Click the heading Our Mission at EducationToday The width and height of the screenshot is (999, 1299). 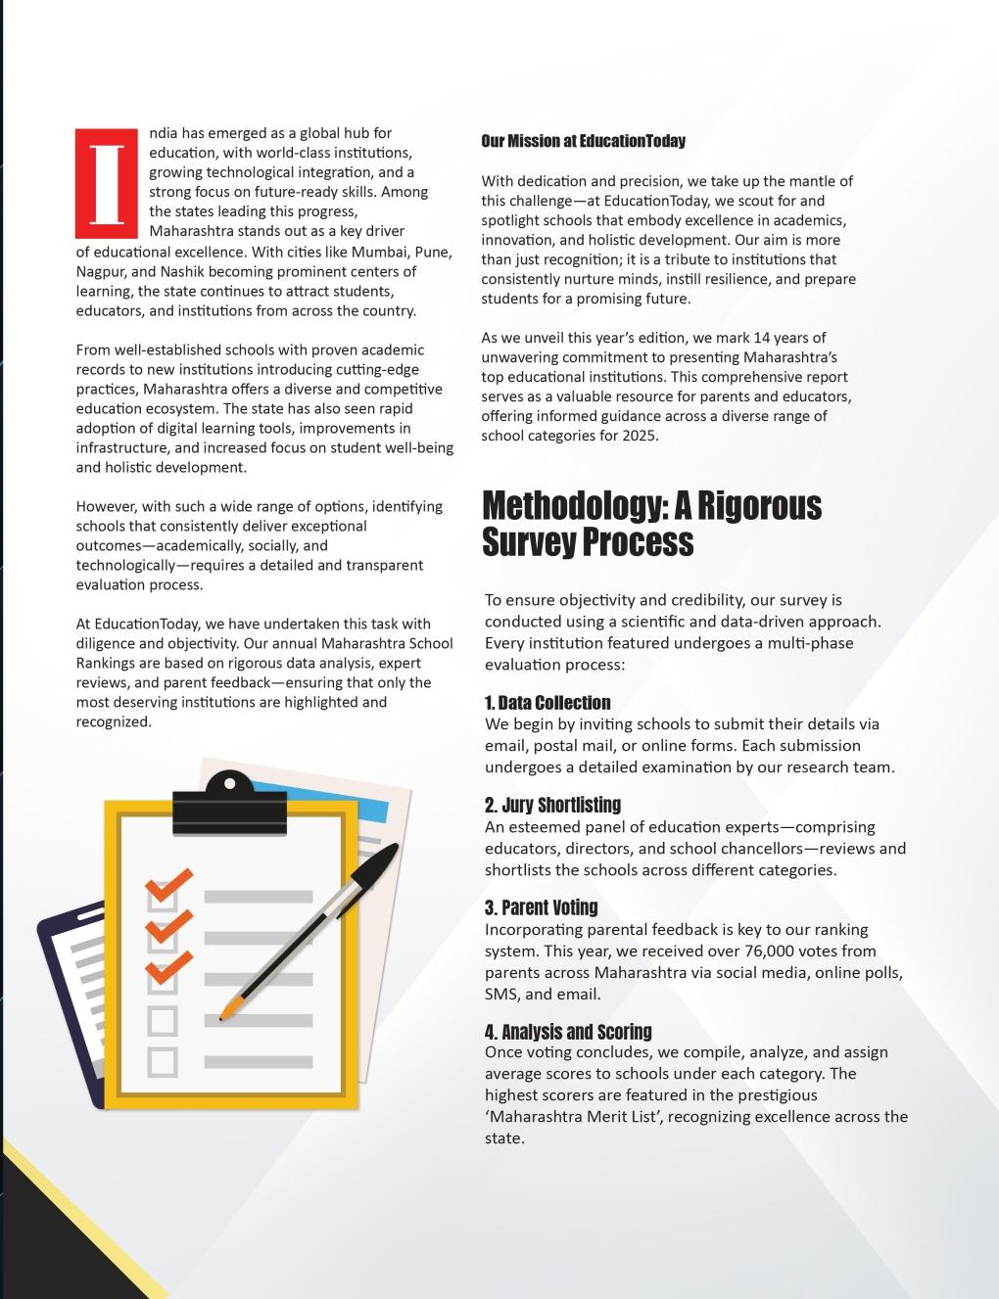(583, 141)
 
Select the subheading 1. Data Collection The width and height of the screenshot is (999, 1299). (547, 703)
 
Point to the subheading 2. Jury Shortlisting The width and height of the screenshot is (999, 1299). (552, 805)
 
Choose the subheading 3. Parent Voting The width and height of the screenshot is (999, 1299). (541, 907)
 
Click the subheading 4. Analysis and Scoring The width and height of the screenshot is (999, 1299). (568, 1032)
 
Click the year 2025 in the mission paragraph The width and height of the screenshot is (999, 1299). (639, 436)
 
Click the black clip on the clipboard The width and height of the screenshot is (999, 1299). (230, 806)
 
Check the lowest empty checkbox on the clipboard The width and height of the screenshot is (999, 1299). (163, 1061)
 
